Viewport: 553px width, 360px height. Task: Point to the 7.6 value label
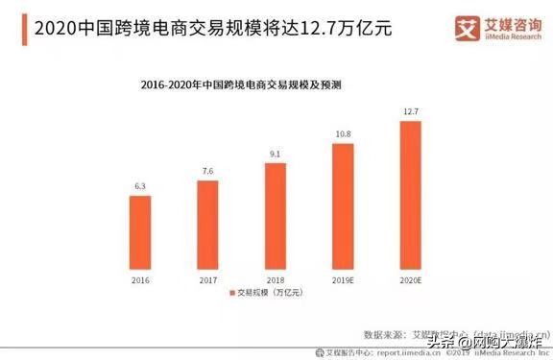(207, 172)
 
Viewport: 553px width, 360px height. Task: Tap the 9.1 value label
(275, 154)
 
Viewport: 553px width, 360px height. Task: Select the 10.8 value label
(342, 134)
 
